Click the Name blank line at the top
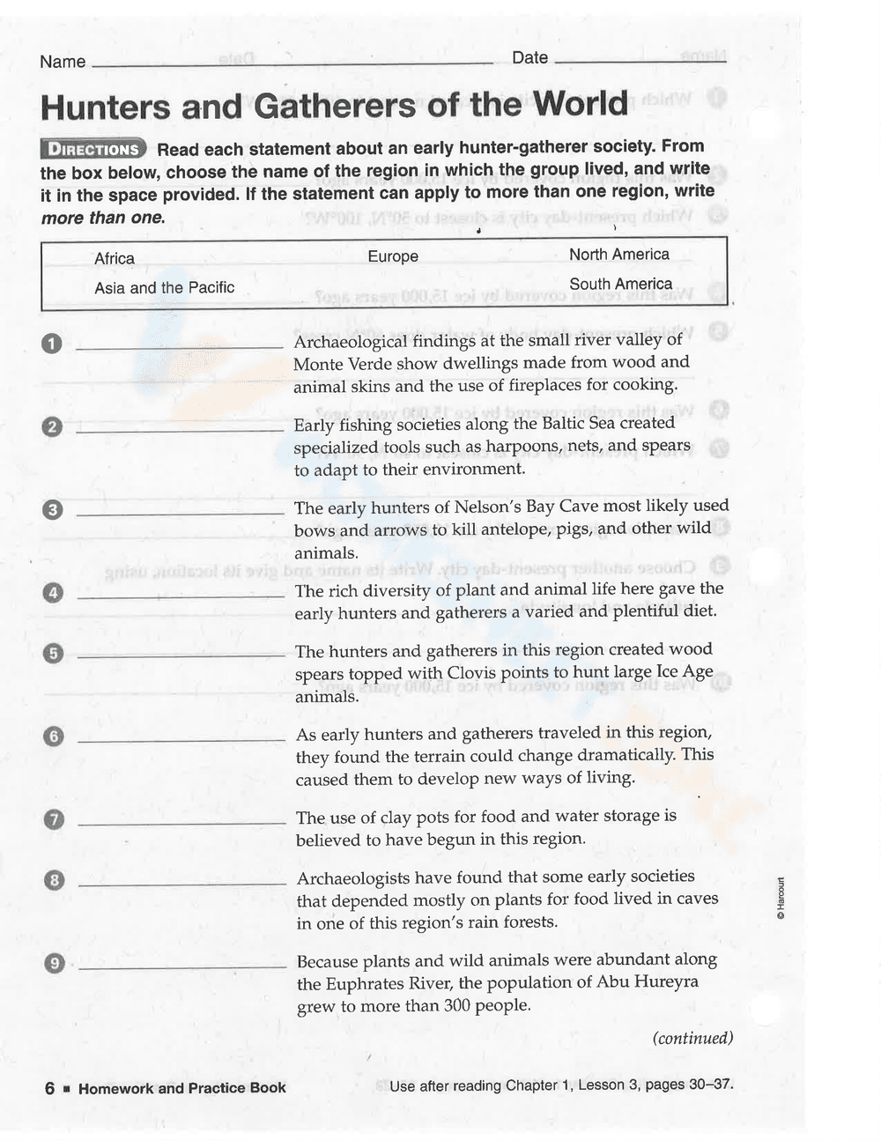(291, 63)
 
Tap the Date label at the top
(529, 58)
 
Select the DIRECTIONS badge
(94, 149)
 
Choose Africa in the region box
(115, 259)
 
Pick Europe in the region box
(393, 256)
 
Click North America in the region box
(618, 255)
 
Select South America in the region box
(620, 284)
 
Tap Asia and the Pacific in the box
(165, 288)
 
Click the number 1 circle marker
(52, 344)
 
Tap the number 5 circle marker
(53, 653)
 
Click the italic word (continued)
(692, 1038)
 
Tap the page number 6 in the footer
(49, 1089)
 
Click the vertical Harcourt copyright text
(780, 899)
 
